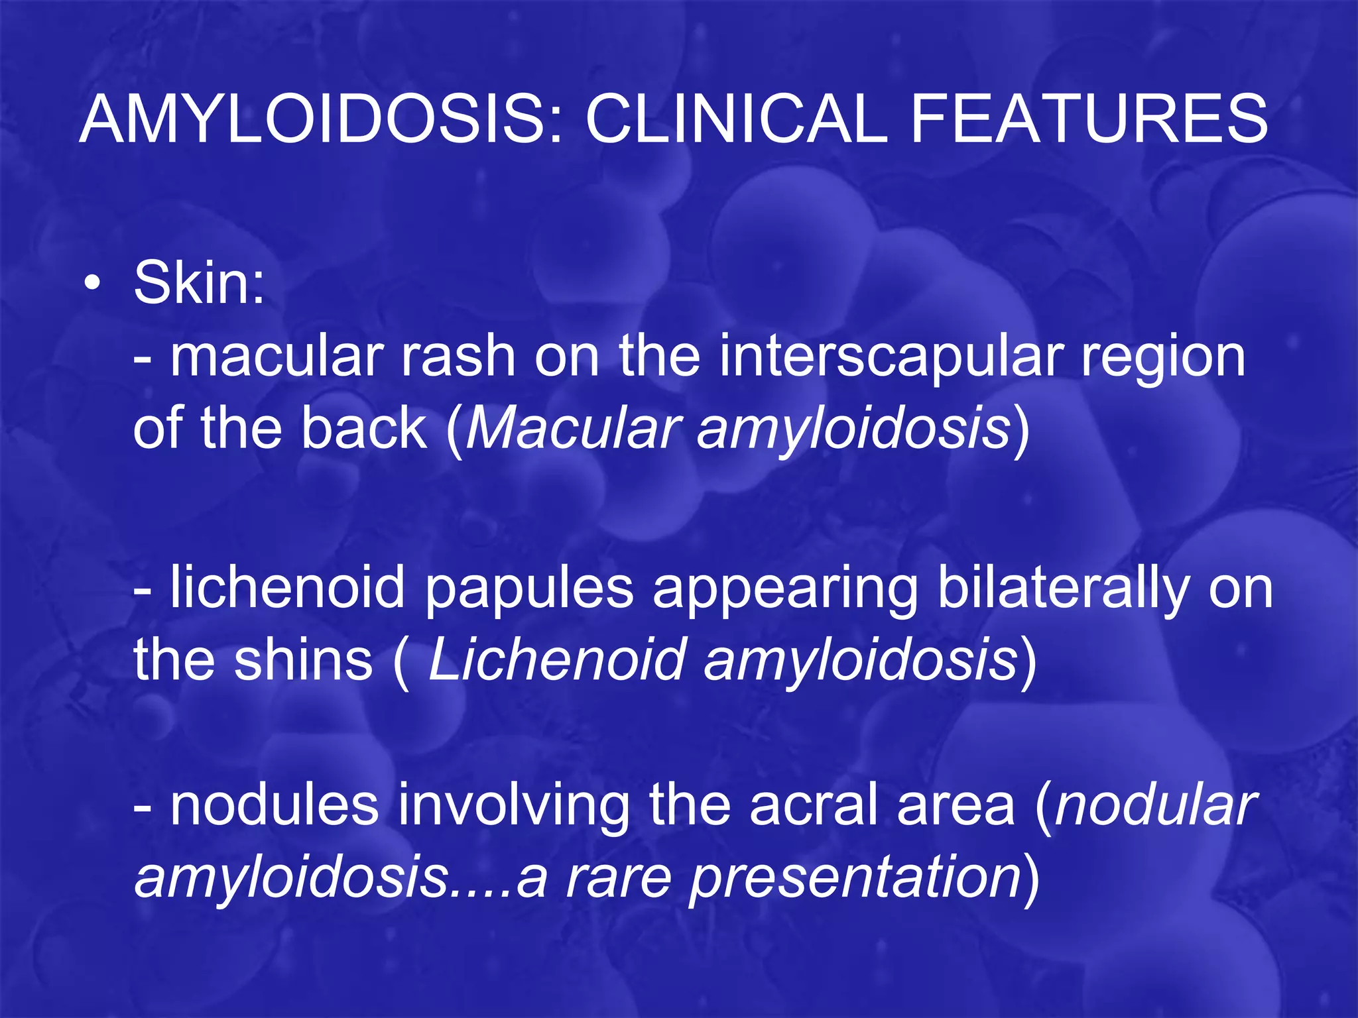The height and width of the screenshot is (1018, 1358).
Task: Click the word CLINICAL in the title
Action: [736, 119]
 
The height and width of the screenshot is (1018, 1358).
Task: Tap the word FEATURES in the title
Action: [1089, 119]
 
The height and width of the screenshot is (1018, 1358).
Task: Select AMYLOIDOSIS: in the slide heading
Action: [322, 119]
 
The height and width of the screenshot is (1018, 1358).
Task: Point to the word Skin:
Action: [199, 284]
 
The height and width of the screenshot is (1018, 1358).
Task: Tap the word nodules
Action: [274, 806]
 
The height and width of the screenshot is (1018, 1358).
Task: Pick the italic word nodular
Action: [1155, 806]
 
